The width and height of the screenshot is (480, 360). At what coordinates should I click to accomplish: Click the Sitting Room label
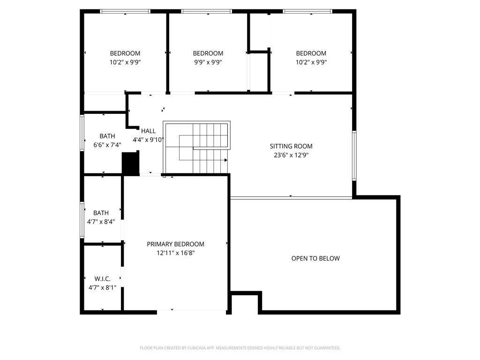pyautogui.click(x=291, y=146)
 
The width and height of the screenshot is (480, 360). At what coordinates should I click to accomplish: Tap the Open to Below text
pyautogui.click(x=315, y=258)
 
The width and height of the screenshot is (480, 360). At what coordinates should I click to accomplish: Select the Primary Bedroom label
pyautogui.click(x=175, y=244)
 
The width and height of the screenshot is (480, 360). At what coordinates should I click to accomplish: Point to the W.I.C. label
pyautogui.click(x=102, y=279)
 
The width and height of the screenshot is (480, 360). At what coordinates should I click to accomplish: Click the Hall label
pyautogui.click(x=148, y=131)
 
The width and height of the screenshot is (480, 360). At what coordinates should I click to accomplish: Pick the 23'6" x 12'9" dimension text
pyautogui.click(x=291, y=155)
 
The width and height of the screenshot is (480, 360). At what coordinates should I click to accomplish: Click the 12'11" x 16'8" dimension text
pyautogui.click(x=175, y=253)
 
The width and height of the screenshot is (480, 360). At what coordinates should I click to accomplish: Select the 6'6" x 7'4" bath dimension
pyautogui.click(x=107, y=145)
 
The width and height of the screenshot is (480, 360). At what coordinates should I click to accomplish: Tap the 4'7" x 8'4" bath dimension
pyautogui.click(x=102, y=222)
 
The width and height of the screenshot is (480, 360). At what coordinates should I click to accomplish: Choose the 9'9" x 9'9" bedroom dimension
pyautogui.click(x=208, y=62)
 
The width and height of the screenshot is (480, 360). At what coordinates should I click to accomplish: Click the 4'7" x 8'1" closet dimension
pyautogui.click(x=102, y=288)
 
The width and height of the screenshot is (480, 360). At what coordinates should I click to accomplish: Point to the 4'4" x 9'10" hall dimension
pyautogui.click(x=148, y=140)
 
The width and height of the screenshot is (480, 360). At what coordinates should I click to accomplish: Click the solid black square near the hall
pyautogui.click(x=130, y=164)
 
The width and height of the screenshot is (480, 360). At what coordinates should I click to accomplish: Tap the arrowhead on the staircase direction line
pyautogui.click(x=225, y=160)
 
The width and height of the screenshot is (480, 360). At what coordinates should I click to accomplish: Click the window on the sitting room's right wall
pyautogui.click(x=354, y=156)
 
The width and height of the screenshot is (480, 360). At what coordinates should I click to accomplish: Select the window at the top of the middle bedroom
pyautogui.click(x=207, y=11)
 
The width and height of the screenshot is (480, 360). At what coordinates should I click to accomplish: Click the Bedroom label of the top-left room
pyautogui.click(x=125, y=53)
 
